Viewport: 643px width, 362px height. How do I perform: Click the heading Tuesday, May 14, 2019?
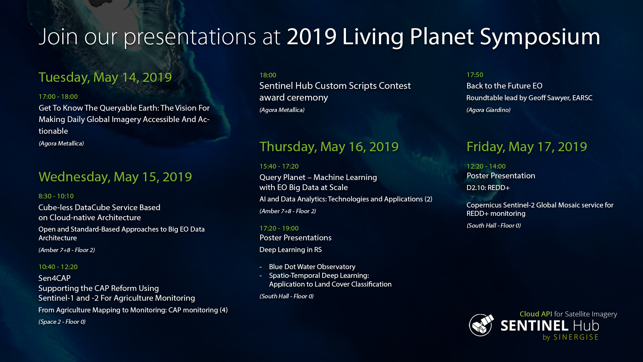tap(105, 77)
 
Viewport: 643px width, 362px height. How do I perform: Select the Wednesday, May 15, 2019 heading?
tap(115, 177)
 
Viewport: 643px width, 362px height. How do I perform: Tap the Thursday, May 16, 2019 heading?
tap(329, 147)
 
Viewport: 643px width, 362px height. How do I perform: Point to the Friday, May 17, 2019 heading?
tap(527, 147)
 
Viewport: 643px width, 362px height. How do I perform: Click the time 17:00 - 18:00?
tap(58, 97)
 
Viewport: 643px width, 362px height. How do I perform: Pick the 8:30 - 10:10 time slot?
tap(56, 196)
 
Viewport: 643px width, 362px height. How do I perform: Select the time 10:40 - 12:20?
tap(58, 267)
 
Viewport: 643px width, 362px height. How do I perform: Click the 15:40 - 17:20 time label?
tap(279, 166)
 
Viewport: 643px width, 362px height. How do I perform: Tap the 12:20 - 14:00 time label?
tap(486, 166)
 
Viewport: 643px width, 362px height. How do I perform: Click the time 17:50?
tap(475, 75)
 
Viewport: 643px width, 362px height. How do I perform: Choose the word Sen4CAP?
tap(55, 278)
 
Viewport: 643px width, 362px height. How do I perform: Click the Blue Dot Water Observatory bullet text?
tap(312, 267)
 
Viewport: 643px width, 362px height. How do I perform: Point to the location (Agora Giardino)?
tap(488, 110)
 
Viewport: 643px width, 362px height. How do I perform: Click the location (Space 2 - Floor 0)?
tap(62, 322)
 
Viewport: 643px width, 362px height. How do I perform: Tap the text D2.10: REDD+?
tap(488, 188)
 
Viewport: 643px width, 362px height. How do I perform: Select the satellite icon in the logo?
tap(481, 325)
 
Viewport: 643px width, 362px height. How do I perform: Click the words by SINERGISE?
tap(570, 337)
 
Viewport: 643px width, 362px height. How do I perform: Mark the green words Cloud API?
tap(536, 314)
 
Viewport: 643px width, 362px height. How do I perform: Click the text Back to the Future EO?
tap(504, 86)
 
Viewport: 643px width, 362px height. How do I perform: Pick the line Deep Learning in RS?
tap(291, 250)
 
